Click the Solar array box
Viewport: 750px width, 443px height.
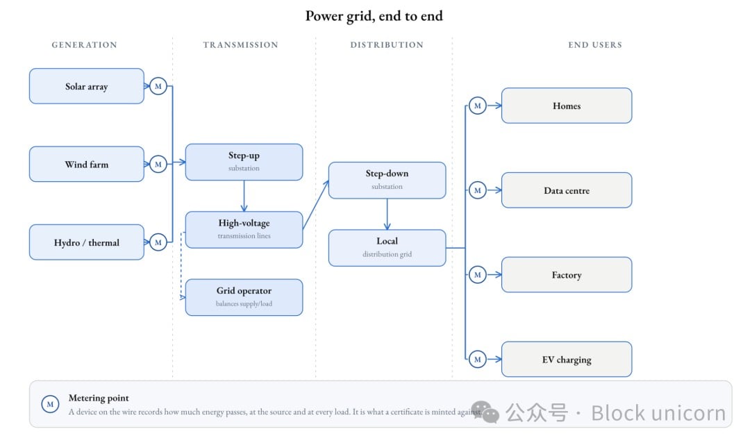[87, 86]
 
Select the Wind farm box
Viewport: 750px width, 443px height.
[87, 164]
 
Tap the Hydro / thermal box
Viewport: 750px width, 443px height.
[87, 242]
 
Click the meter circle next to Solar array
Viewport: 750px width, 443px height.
[158, 86]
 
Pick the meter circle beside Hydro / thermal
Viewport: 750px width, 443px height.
[158, 242]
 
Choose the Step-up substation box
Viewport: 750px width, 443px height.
[244, 162]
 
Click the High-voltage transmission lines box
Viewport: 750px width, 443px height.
[244, 230]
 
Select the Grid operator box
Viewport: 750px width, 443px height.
[244, 297]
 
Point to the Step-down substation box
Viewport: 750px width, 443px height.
[387, 181]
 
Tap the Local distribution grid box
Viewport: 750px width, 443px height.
[387, 248]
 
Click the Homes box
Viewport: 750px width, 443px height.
[567, 106]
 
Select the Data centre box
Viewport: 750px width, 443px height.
[567, 190]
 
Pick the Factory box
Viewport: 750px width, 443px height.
[567, 274]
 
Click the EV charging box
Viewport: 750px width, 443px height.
[567, 359]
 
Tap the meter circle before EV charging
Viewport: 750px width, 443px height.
[477, 359]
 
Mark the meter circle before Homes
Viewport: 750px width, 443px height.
[477, 106]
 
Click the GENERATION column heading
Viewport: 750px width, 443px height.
[84, 45]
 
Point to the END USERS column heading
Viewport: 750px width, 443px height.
[595, 45]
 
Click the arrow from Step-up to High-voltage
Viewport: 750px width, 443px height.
[244, 196]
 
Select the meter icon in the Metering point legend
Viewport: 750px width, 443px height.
[50, 404]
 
